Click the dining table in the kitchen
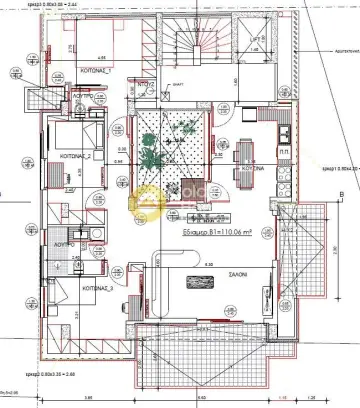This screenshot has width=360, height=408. pos(246,150)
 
